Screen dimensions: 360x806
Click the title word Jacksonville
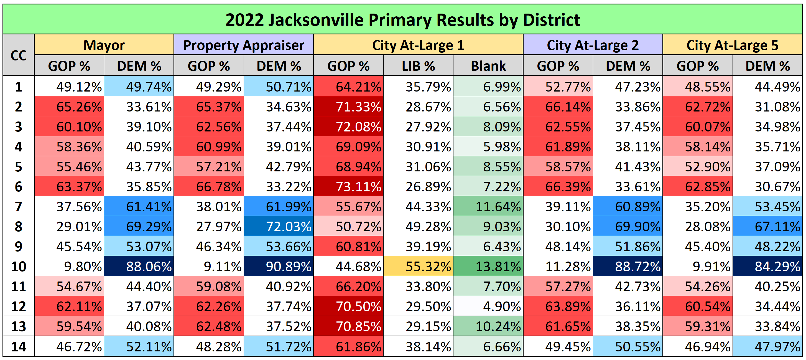click(316, 20)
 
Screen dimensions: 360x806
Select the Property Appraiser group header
click(243, 45)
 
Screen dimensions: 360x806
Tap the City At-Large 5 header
click(732, 45)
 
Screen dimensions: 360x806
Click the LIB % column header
click(418, 66)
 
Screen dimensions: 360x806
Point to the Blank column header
click(488, 66)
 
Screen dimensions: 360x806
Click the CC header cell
click(19, 55)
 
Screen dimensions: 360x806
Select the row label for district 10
click(19, 267)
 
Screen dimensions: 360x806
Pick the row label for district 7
click(19, 207)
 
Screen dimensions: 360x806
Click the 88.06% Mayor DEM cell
click(139, 267)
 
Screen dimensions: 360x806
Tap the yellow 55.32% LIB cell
click(418, 267)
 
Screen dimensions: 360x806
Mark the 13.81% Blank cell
click(488, 267)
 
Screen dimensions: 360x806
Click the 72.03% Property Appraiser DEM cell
click(279, 227)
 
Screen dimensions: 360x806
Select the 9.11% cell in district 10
click(209, 267)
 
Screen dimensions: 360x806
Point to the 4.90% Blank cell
click(488, 306)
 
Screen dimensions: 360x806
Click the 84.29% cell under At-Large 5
click(767, 267)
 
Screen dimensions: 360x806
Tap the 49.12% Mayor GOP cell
click(69, 87)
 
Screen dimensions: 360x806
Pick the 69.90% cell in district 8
click(628, 227)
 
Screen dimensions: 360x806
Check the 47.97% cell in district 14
click(767, 346)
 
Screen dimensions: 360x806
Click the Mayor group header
click(104, 45)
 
